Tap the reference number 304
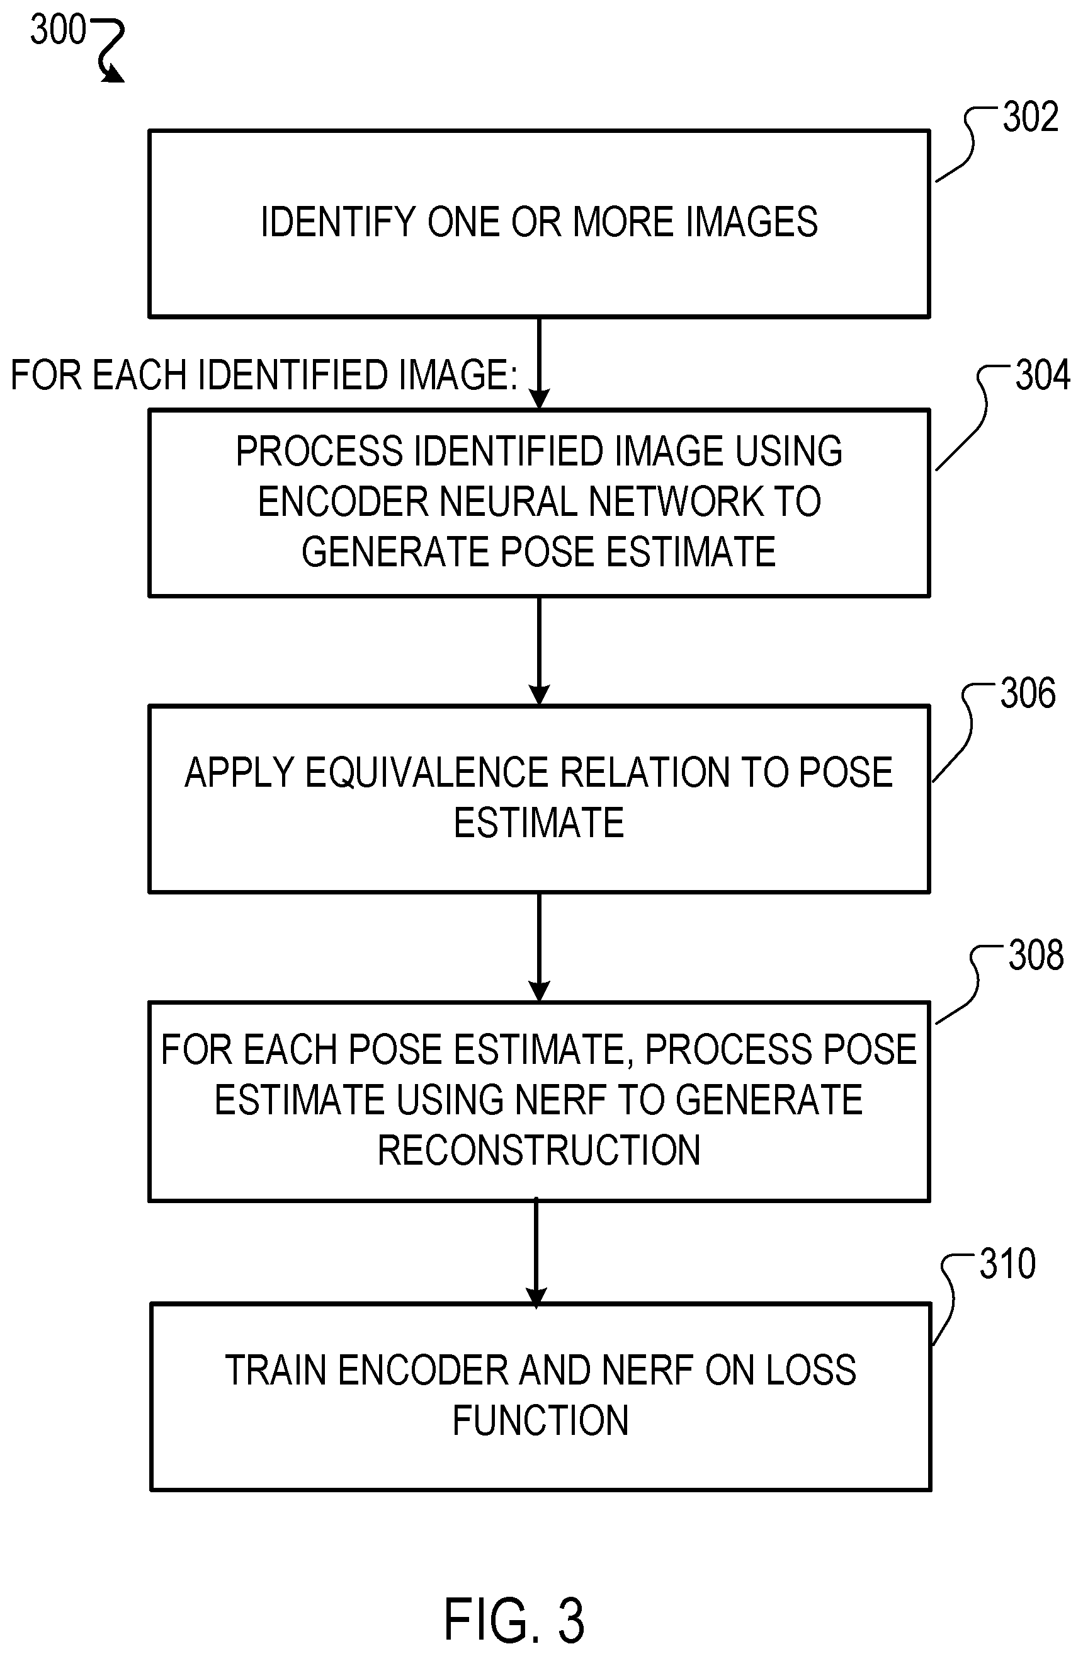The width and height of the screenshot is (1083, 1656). pyautogui.click(x=1043, y=375)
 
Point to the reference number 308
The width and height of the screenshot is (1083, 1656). pyautogui.click(x=1036, y=955)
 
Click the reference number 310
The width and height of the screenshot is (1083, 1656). pyautogui.click(x=1008, y=1264)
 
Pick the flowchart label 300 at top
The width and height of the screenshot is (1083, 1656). pyautogui.click(x=58, y=29)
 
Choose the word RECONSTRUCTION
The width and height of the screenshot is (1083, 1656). pyautogui.click(x=539, y=1150)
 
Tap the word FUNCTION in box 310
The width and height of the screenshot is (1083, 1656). pyautogui.click(x=540, y=1420)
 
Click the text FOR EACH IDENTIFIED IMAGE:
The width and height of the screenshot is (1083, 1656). pyautogui.click(x=264, y=374)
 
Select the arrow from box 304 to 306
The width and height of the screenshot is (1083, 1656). pyautogui.click(x=539, y=651)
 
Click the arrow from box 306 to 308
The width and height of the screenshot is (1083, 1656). pyautogui.click(x=539, y=947)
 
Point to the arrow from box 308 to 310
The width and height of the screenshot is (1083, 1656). pyautogui.click(x=536, y=1252)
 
